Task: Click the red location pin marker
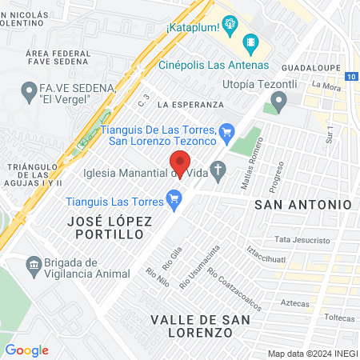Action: click(x=180, y=164)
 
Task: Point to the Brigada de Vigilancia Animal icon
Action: click(x=34, y=265)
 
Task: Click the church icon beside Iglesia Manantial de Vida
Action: click(x=220, y=170)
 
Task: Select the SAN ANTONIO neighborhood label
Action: click(x=302, y=204)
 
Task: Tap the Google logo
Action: click(x=26, y=350)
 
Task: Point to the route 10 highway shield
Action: click(x=353, y=76)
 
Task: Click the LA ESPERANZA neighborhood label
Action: click(x=190, y=105)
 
